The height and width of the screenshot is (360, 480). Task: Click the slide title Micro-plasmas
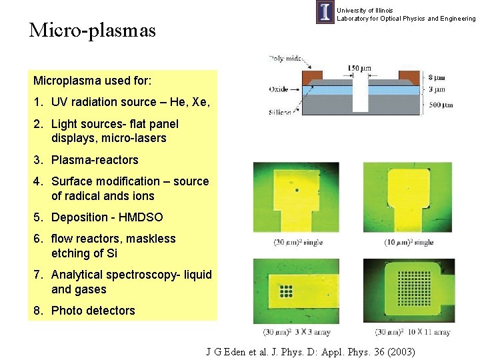92,31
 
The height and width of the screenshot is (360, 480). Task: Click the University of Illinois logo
325,13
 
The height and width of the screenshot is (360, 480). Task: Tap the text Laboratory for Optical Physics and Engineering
406,19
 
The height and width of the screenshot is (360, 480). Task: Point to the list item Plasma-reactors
95,160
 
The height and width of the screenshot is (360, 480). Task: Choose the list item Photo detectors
93,311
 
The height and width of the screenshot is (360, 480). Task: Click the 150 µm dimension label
359,68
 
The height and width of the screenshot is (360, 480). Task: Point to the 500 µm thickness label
441,105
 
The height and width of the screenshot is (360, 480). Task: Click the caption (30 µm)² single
297,242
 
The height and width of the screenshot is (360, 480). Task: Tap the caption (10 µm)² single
408,242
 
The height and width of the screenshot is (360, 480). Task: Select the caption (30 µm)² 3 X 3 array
297,331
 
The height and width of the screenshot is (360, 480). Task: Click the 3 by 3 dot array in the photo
287,291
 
